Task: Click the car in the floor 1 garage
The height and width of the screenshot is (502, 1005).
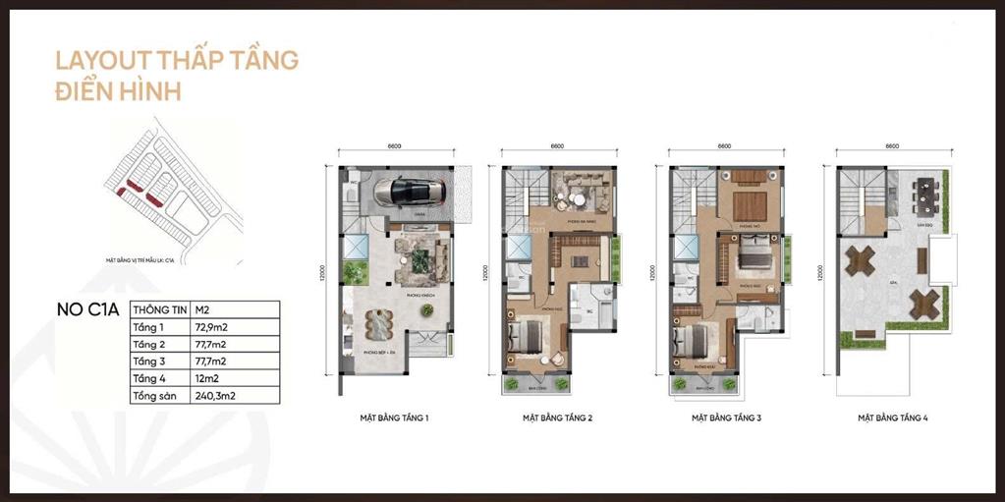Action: (x=404, y=192)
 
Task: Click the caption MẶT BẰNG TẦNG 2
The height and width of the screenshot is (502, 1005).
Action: (x=557, y=418)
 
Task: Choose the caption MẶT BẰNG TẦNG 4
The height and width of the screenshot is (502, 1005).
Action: (x=892, y=418)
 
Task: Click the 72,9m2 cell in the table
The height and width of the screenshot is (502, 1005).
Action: (x=213, y=326)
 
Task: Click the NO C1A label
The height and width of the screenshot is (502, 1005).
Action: (x=87, y=309)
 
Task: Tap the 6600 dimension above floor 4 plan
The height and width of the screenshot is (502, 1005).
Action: (x=892, y=146)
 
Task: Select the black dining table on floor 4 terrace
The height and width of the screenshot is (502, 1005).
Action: (x=924, y=195)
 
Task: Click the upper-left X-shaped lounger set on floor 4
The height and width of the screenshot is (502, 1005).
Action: (x=861, y=260)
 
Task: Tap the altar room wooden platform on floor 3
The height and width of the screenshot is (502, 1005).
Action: (x=750, y=205)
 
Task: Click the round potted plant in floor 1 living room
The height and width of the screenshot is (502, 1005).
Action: (x=426, y=309)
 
